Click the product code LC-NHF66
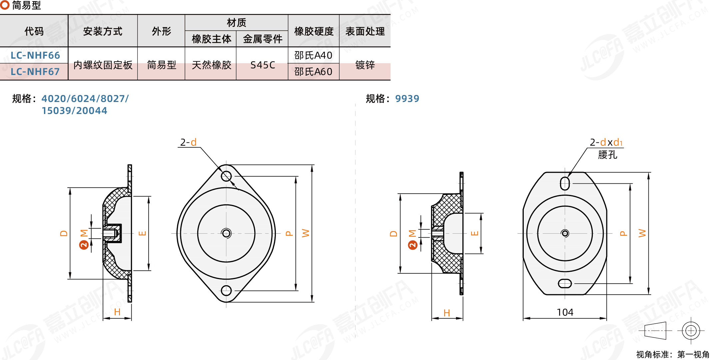pos(35,55)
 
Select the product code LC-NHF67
pos(35,72)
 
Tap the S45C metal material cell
pos(263,65)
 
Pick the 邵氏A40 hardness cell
pos(313,55)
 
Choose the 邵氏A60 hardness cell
pos(313,72)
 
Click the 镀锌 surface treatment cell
pos(365,65)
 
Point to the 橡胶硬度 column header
pos(314,31)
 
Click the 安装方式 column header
pos(103,31)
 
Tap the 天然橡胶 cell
pos(211,65)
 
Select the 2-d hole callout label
pos(188,142)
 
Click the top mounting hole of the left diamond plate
pos(226,176)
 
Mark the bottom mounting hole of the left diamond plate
pos(226,291)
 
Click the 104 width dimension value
pos(565,312)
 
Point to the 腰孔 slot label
pos(607,155)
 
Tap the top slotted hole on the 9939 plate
pos(565,183)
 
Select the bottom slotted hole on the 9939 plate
pos(565,284)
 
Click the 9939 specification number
pos(407,99)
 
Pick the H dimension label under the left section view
pos(117,312)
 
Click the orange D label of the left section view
pos(64,233)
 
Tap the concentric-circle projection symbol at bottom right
pos(691,331)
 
